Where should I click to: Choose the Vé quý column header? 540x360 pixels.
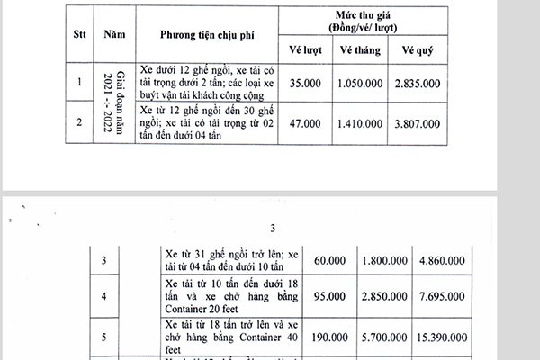[x=418, y=48]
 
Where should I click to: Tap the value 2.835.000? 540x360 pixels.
[x=419, y=84]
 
